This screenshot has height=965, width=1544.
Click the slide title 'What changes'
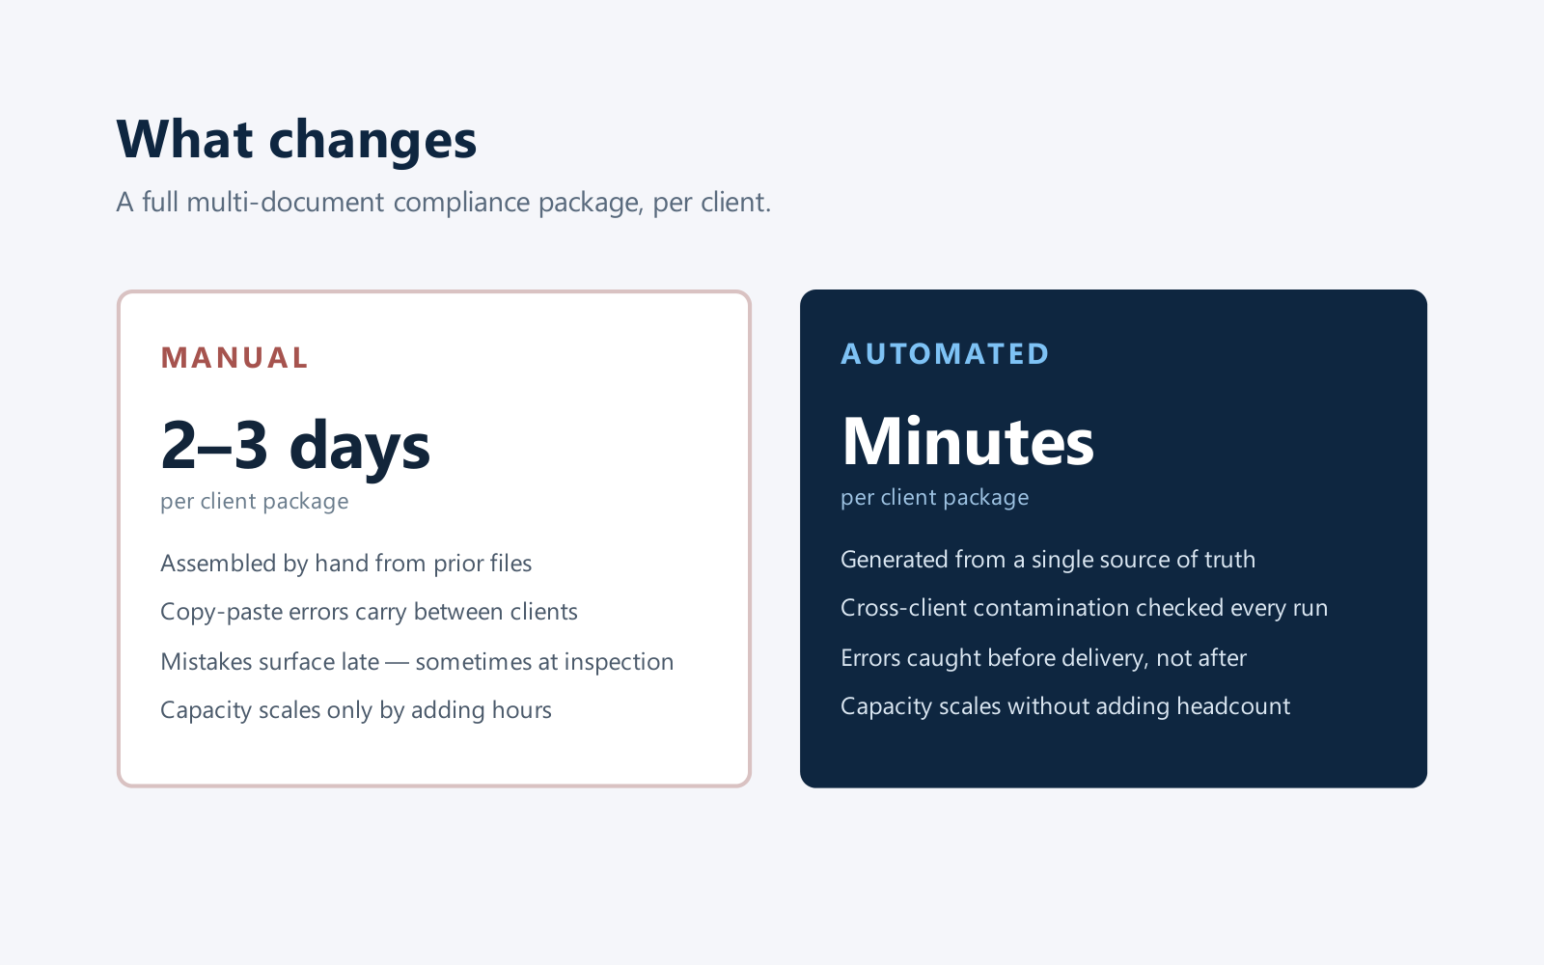pyautogui.click(x=296, y=140)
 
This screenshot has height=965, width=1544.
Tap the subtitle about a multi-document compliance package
pyautogui.click(x=443, y=203)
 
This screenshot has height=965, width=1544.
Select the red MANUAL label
pyautogui.click(x=234, y=358)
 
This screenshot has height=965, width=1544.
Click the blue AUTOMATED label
pyautogui.click(x=945, y=354)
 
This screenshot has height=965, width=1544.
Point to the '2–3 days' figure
pyautogui.click(x=295, y=446)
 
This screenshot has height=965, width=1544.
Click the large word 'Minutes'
pyautogui.click(x=968, y=442)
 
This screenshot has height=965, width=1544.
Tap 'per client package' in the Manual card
pyautogui.click(x=255, y=501)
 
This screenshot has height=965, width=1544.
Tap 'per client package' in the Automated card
pyautogui.click(x=935, y=498)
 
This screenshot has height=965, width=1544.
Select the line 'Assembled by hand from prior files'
pyautogui.click(x=346, y=564)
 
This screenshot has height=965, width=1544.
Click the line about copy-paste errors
pyautogui.click(x=369, y=612)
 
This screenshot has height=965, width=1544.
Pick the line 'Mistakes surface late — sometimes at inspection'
pyautogui.click(x=417, y=662)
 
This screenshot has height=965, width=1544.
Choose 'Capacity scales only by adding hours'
pyautogui.click(x=356, y=710)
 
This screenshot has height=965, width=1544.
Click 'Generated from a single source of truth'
pyautogui.click(x=1048, y=560)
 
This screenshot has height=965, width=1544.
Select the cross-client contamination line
pyautogui.click(x=1085, y=608)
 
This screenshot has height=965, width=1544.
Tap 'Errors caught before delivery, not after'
pyautogui.click(x=1043, y=658)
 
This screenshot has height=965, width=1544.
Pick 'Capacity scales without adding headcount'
pyautogui.click(x=1065, y=706)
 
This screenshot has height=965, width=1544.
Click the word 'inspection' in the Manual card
pyautogui.click(x=619, y=662)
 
